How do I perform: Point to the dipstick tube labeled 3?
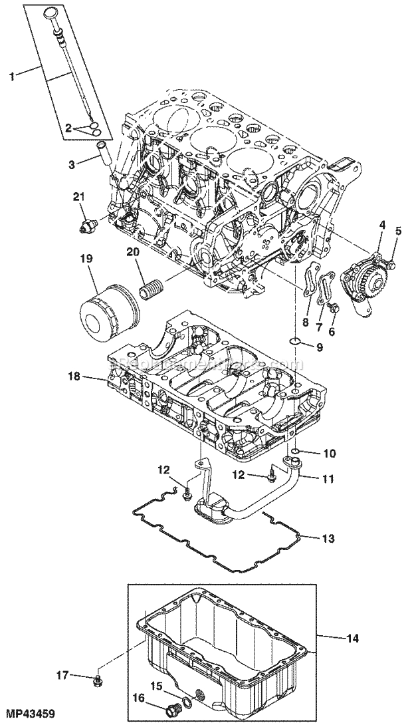click(105, 154)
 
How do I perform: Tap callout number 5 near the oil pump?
click(399, 231)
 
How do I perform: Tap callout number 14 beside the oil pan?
click(353, 638)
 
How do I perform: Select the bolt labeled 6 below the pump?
click(334, 307)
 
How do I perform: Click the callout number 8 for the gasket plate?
click(306, 322)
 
